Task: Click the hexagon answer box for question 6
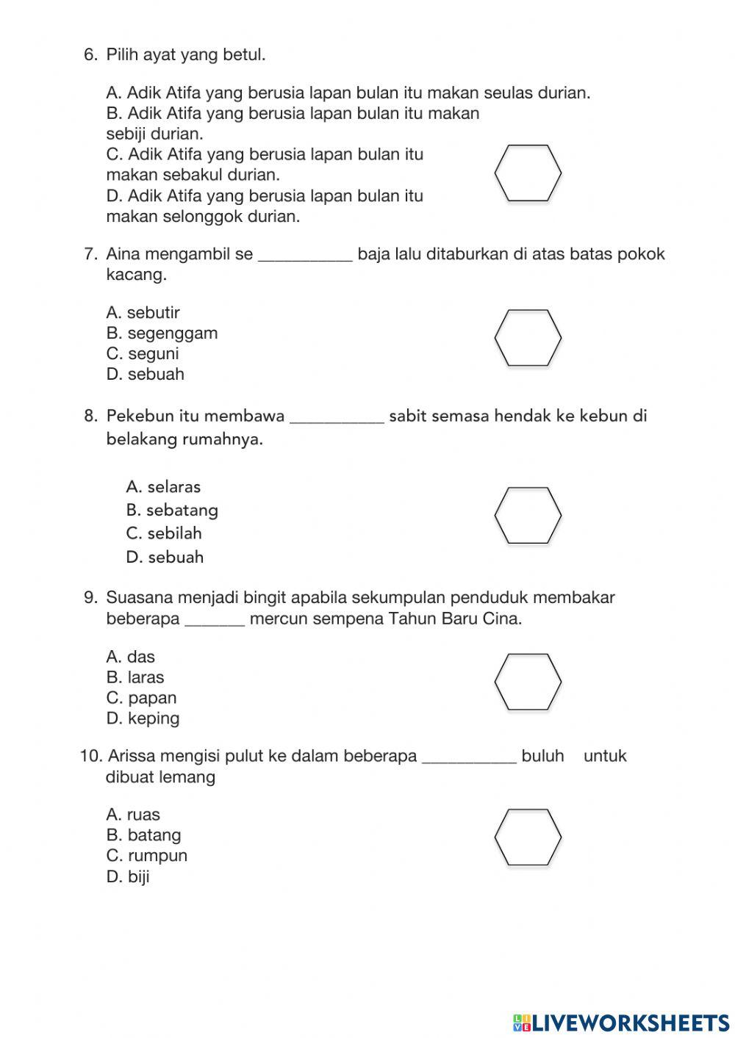pos(528,173)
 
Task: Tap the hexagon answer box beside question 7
pos(528,337)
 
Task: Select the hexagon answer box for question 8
pos(528,515)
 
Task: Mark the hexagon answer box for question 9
pos(528,682)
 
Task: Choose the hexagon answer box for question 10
pos(528,837)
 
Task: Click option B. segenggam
pos(162,334)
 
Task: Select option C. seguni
pos(143,354)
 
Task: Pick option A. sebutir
pos(143,313)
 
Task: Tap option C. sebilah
pos(163,533)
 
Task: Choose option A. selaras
pos(162,487)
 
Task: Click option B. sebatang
pos(172,510)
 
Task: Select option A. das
pos(130,657)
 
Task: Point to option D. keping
pos(143,718)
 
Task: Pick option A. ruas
pos(132,815)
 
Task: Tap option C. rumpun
pos(146,856)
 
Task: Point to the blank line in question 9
pos(214,624)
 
